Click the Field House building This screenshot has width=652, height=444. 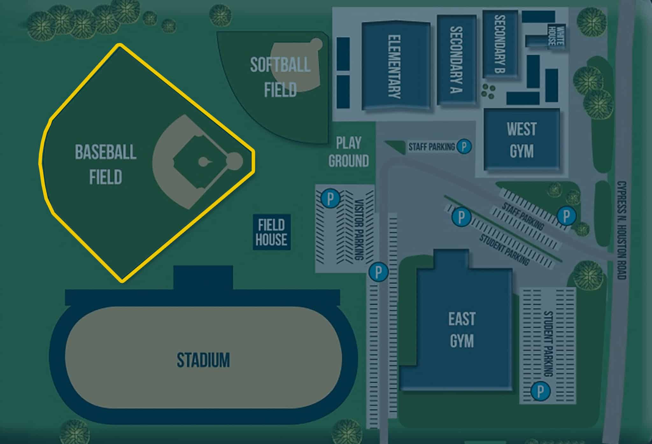[x=271, y=232]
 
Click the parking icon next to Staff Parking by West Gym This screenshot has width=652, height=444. [x=464, y=147]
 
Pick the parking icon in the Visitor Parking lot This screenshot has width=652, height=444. [x=330, y=199]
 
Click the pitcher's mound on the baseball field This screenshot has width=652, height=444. [x=202, y=162]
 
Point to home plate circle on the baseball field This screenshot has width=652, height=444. [x=235, y=161]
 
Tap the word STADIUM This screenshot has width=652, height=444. [x=203, y=360]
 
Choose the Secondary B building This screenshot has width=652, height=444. [x=500, y=44]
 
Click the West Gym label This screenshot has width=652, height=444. [x=521, y=140]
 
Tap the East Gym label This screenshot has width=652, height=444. [x=462, y=330]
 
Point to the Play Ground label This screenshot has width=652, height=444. [x=349, y=152]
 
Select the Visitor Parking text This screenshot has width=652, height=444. [x=359, y=229]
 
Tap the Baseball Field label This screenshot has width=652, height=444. [x=105, y=164]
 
